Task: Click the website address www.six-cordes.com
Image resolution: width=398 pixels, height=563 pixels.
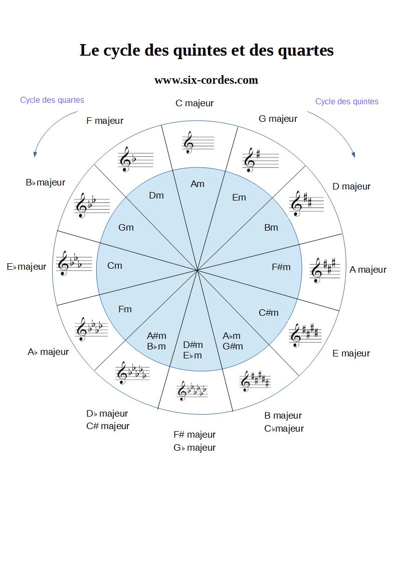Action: point(206,80)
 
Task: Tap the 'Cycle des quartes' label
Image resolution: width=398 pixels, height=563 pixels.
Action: point(52,100)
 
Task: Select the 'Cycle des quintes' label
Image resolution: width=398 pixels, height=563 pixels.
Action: point(346,101)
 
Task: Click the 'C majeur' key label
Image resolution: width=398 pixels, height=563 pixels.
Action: point(194,103)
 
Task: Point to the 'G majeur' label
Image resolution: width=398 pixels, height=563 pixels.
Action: point(278,119)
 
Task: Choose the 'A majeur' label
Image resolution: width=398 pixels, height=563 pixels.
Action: point(367,270)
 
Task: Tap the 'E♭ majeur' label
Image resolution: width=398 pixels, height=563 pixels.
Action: point(27,267)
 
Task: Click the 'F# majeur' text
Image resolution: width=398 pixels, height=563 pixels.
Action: point(194,435)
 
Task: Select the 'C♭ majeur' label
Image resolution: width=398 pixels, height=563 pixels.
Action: point(284,429)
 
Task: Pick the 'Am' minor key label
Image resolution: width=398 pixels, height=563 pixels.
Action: point(197,184)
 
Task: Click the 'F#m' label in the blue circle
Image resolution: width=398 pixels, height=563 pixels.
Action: point(281,267)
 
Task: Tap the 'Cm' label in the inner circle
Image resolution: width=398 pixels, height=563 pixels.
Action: point(115,266)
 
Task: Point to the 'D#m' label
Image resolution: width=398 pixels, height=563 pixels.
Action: point(193,345)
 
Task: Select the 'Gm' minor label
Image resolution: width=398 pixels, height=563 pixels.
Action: point(126,228)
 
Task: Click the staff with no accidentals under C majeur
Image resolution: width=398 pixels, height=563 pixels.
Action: point(197,142)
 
